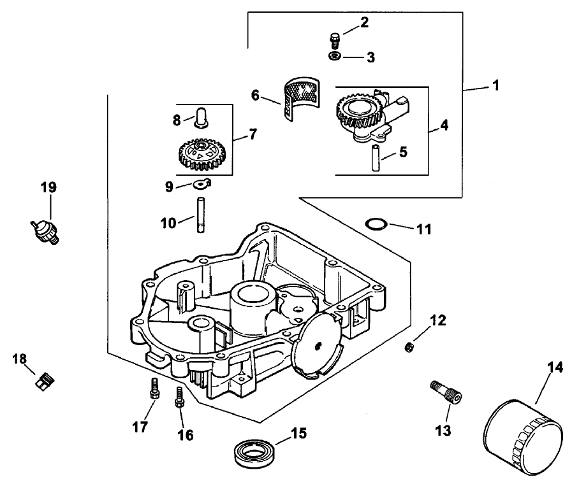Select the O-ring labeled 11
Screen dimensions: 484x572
click(x=376, y=225)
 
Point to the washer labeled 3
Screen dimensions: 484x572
click(x=334, y=57)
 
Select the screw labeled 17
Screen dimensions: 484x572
click(x=153, y=388)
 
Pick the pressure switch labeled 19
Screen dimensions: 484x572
click(x=45, y=231)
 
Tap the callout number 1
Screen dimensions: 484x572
click(x=495, y=85)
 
